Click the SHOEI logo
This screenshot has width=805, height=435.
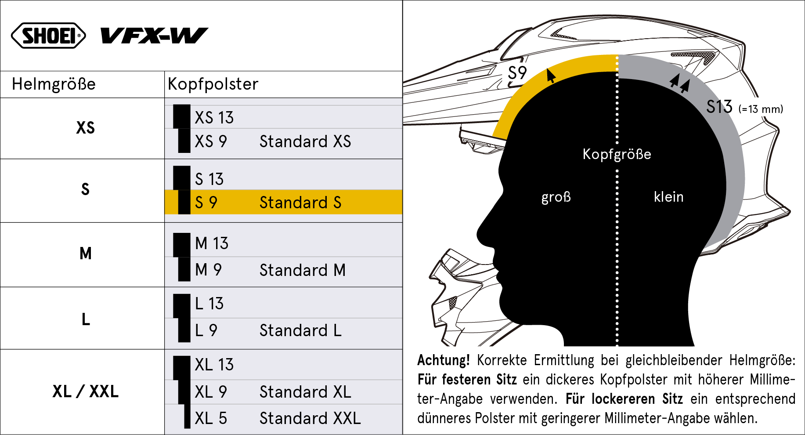point(48,36)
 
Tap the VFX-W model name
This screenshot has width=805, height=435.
point(154,36)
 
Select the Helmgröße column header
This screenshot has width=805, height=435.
point(54,84)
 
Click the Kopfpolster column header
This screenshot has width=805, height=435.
point(213,84)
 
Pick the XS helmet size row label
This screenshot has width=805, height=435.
point(85,128)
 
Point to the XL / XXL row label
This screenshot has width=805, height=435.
point(86,391)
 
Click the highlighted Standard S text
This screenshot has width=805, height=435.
point(300,203)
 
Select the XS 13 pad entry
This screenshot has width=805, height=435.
point(214,118)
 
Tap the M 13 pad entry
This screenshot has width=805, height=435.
point(212,243)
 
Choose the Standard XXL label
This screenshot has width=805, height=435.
point(310,418)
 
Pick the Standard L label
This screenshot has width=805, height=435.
point(300,330)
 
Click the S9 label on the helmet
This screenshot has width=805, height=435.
point(517,73)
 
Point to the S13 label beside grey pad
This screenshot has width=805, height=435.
point(719,107)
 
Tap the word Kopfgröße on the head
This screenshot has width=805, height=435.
point(617,154)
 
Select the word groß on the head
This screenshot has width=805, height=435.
point(556,197)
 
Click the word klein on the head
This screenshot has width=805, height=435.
point(668,197)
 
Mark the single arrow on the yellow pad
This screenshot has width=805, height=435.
point(550,75)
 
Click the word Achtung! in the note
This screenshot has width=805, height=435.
point(444,360)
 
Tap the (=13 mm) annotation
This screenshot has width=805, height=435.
point(761,109)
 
